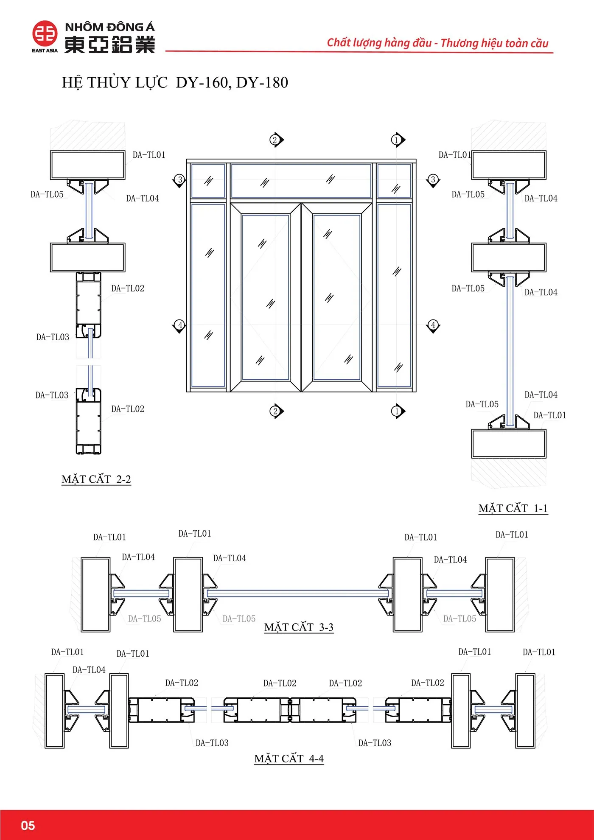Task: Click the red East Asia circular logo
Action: pyautogui.click(x=45, y=34)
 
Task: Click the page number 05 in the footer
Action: pyautogui.click(x=28, y=825)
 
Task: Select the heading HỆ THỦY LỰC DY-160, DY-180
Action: pyautogui.click(x=175, y=82)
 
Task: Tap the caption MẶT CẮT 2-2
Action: pyautogui.click(x=96, y=479)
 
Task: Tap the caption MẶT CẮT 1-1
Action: pyautogui.click(x=513, y=508)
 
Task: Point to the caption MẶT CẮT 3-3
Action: pyautogui.click(x=299, y=627)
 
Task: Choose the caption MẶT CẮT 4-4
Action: pyautogui.click(x=289, y=759)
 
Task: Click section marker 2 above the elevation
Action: pyautogui.click(x=275, y=140)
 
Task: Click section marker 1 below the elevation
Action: pyautogui.click(x=397, y=411)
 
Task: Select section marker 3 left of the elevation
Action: pyautogui.click(x=179, y=179)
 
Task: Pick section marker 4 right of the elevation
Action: pyautogui.click(x=433, y=325)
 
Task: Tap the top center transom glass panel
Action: pyautogui.click(x=301, y=181)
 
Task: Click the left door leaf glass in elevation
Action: pyautogui.click(x=265, y=297)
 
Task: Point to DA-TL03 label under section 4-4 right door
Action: pyautogui.click(x=375, y=743)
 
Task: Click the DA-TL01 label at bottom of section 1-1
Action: pyautogui.click(x=549, y=415)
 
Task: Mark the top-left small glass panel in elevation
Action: pyautogui.click(x=208, y=181)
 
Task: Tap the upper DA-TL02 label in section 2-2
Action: pyautogui.click(x=128, y=288)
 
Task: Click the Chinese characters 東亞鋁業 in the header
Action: pyautogui.click(x=109, y=45)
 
